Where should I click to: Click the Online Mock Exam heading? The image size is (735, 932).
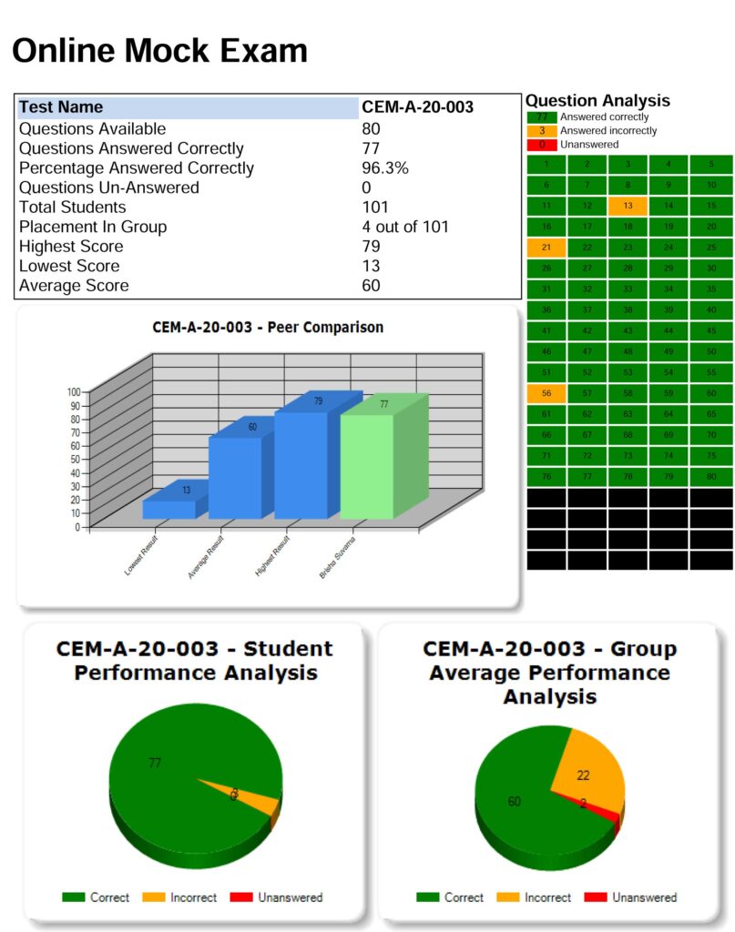coord(159,50)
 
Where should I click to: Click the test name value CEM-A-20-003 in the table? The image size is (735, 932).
coord(417,107)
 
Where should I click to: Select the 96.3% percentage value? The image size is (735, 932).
coord(385,168)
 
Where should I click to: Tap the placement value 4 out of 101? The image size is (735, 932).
coord(405,227)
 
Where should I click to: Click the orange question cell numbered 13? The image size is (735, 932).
coord(628,206)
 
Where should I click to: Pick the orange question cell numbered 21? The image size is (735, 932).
coord(546,248)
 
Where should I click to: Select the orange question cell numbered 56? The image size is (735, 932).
coord(546,393)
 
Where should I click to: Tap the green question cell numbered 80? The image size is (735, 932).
coord(711,476)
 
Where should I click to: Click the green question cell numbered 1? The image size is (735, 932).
coord(546,165)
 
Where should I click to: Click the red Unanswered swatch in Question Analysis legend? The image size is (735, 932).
coord(542,145)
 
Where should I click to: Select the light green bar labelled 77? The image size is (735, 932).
coord(367,464)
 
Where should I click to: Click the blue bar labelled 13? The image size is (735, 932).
coord(168,508)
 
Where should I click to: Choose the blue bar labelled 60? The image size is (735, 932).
coord(235,475)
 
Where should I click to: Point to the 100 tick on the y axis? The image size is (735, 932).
coord(74,391)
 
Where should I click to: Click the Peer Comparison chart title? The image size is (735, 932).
coord(268,327)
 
